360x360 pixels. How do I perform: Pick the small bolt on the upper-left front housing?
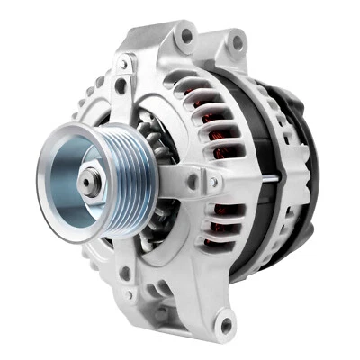coord(121,86)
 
